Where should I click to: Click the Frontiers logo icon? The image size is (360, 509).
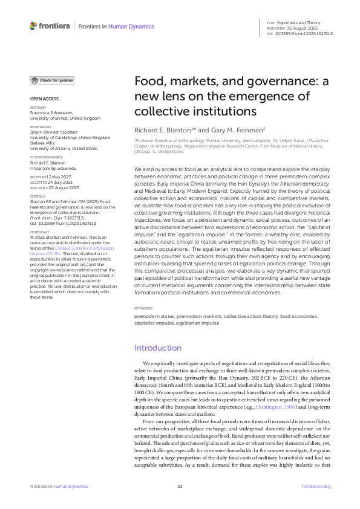pyautogui.click(x=33, y=25)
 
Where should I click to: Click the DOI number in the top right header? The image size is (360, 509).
pyautogui.click(x=308, y=33)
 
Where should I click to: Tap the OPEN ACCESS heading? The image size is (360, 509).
pyautogui.click(x=43, y=99)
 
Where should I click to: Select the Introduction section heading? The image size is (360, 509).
pyautogui.click(x=158, y=348)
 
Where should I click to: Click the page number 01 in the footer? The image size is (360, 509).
pyautogui.click(x=180, y=486)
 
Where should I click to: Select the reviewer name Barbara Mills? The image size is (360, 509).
pyautogui.click(x=46, y=143)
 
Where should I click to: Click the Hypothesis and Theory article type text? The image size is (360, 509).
pyautogui.click(x=304, y=22)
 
